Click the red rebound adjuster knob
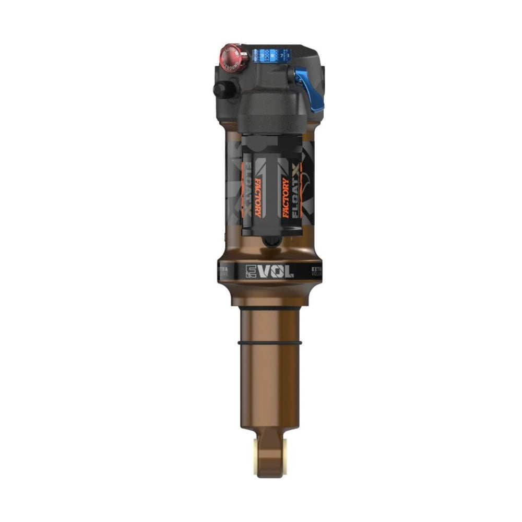pos(231,57)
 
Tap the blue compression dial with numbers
pos(271,54)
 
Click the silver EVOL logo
pos(269,271)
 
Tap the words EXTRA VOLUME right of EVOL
pos(316,271)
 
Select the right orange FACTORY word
pos(286,198)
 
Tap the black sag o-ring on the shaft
pos(269,343)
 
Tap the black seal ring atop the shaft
pos(269,309)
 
